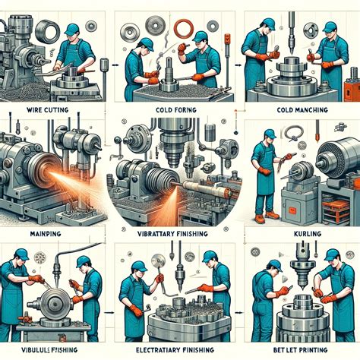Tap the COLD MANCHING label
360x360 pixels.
pyautogui.click(x=302, y=110)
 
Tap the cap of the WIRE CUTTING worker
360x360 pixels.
pyautogui.click(x=71, y=30)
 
